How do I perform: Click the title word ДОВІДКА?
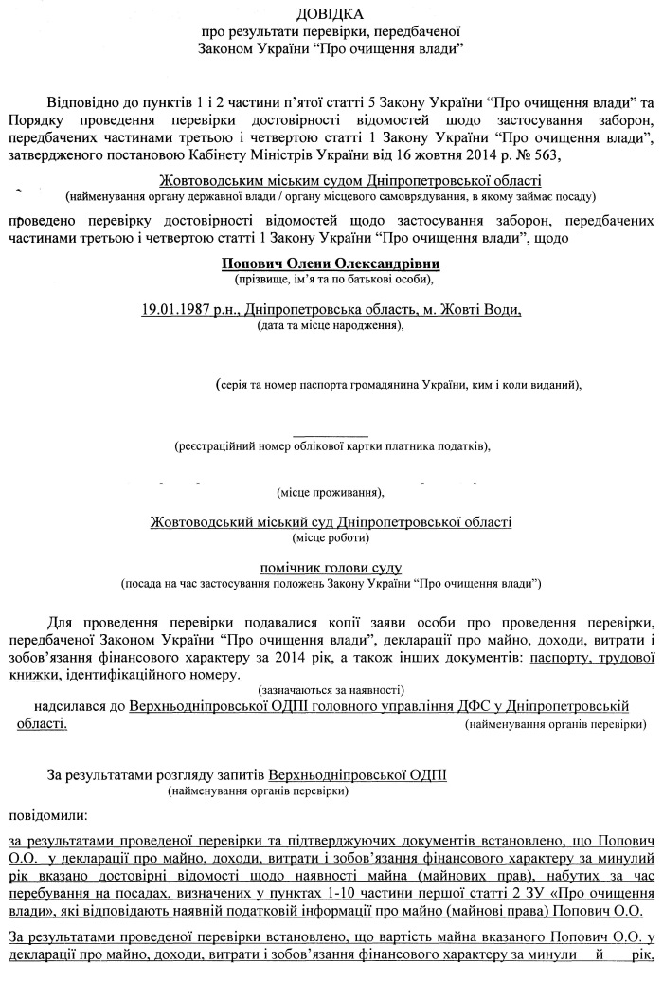331,13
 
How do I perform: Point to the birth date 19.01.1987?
174,310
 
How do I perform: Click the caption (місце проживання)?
331,493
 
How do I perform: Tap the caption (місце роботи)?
331,537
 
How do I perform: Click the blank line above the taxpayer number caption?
331,434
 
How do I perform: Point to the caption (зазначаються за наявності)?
331,690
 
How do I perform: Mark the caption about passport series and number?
397,386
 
